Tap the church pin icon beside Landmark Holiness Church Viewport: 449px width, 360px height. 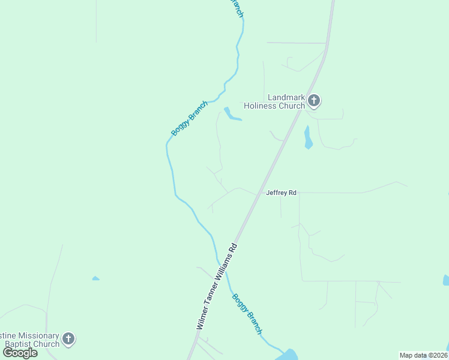coord(314,100)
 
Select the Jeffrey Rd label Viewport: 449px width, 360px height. coord(282,193)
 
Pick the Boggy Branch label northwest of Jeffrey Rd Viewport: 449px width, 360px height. coord(189,118)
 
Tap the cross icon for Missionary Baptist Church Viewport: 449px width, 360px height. coord(68,339)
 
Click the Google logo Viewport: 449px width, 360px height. coord(20,353)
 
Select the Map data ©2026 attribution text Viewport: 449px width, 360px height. coord(424,355)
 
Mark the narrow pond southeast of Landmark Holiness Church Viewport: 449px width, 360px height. coord(308,138)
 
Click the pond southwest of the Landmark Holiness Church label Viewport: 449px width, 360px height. coord(231,114)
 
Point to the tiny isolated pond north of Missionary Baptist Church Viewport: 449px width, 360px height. coord(95,278)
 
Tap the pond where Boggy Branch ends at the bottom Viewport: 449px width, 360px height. coord(289,355)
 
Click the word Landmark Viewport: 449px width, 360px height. coord(285,98)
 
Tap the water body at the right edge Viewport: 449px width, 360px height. coord(446,280)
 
